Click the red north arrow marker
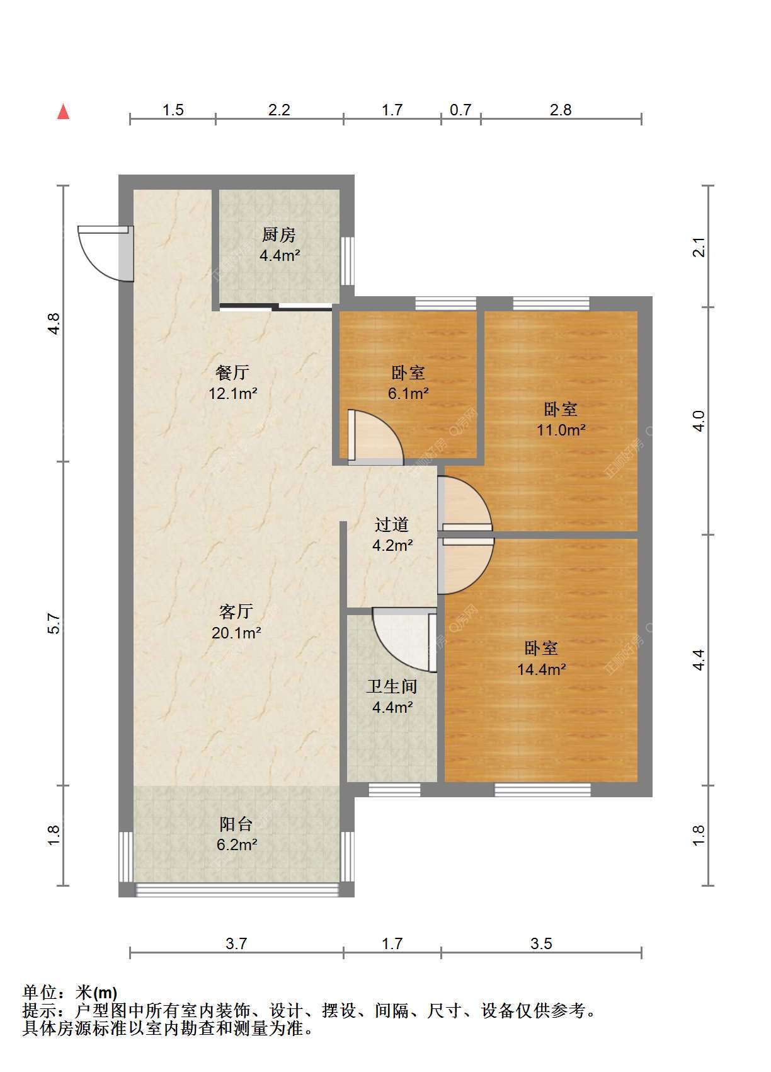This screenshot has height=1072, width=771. (x=63, y=112)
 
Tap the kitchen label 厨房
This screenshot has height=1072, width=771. (x=279, y=234)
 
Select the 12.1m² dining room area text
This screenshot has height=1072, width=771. (x=233, y=393)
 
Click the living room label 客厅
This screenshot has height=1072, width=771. (x=236, y=611)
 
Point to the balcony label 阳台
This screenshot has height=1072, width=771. (x=236, y=824)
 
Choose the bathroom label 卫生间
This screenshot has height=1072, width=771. (x=392, y=687)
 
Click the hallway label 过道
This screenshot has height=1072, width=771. (x=392, y=524)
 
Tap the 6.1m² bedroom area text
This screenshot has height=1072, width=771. (x=408, y=393)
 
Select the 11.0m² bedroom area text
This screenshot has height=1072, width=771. (x=561, y=430)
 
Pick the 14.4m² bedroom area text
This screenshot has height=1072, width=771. (x=542, y=669)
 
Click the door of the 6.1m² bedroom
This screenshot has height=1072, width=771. (x=375, y=437)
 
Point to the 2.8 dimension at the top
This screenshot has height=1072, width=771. (x=561, y=110)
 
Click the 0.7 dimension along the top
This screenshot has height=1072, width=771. (x=460, y=110)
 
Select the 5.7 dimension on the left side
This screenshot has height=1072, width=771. (x=54, y=623)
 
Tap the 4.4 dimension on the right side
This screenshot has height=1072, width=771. (x=699, y=660)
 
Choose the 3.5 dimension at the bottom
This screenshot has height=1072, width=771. (x=541, y=943)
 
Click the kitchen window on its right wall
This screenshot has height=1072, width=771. (x=348, y=261)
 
